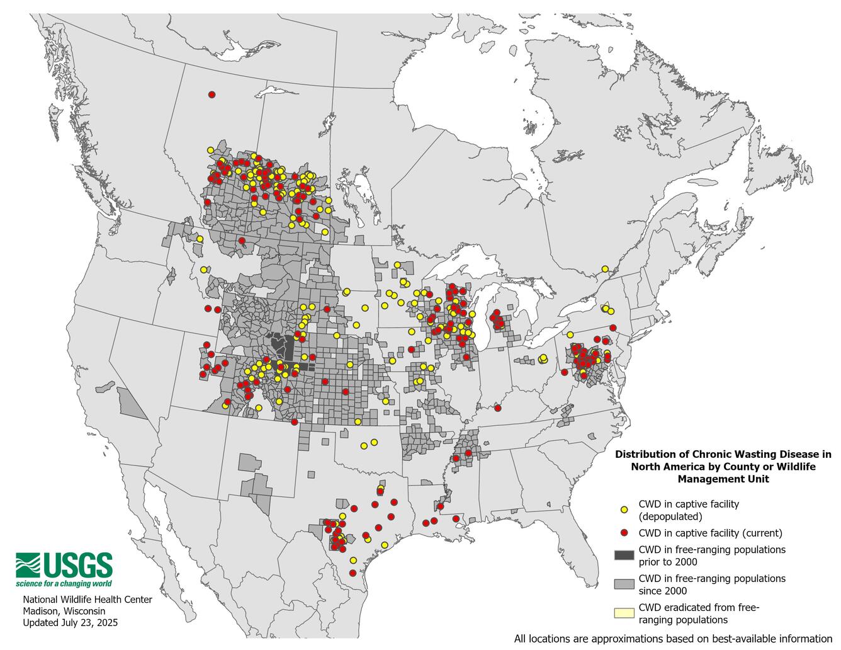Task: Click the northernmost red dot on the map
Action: (x=212, y=94)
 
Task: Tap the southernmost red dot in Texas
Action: (x=353, y=573)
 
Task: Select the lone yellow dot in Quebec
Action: (x=605, y=269)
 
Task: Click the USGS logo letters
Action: (x=77, y=565)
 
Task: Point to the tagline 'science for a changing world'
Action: (x=64, y=584)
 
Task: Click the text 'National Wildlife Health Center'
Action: (x=87, y=599)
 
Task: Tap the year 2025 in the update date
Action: (x=106, y=622)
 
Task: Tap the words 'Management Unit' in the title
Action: (x=723, y=479)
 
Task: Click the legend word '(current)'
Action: (x=758, y=533)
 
